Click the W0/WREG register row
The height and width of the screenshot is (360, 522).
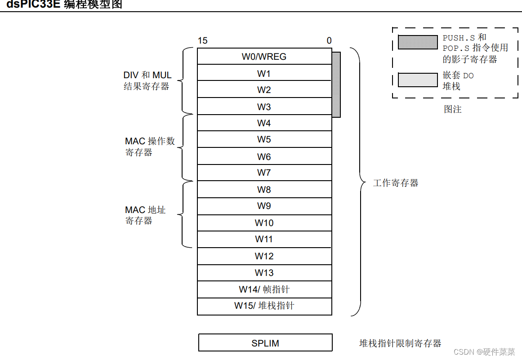(x=264, y=57)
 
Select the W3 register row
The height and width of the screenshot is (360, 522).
(x=264, y=107)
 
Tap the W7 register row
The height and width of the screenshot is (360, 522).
(x=264, y=173)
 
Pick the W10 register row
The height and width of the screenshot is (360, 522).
(x=264, y=223)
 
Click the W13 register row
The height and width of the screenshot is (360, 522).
(x=264, y=273)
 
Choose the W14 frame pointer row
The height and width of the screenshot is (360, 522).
(x=264, y=289)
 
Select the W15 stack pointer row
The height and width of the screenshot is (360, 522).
(x=264, y=306)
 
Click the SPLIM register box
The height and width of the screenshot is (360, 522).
(x=265, y=343)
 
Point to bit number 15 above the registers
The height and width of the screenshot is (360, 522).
(x=202, y=41)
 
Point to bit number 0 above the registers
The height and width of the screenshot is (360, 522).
(x=329, y=41)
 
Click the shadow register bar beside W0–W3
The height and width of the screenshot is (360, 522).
(x=336, y=84)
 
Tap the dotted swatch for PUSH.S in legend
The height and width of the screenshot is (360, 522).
(x=417, y=42)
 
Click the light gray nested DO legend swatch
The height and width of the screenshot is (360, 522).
(x=417, y=80)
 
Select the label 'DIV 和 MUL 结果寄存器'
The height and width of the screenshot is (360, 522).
(x=147, y=81)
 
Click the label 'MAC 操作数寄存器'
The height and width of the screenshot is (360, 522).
(x=149, y=147)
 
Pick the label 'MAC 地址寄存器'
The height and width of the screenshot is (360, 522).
(x=145, y=215)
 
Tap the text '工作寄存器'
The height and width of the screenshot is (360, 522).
(x=396, y=183)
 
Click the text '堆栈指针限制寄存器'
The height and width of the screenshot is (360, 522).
(x=400, y=343)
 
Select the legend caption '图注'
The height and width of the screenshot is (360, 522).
(x=452, y=109)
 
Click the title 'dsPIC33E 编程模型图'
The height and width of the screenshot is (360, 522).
(x=64, y=5)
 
